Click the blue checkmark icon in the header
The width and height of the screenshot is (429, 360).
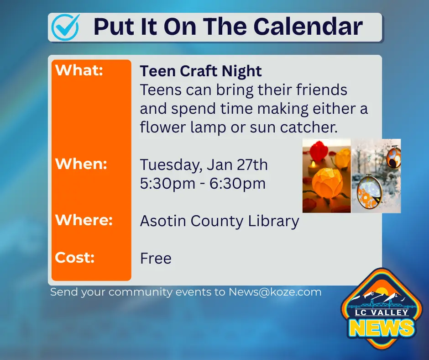[x=66, y=27]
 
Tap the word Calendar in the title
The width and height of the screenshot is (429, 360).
[x=308, y=26]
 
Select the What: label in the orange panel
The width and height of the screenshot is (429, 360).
[x=79, y=70]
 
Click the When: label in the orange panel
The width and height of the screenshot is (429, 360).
[x=81, y=164]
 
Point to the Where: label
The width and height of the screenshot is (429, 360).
[x=84, y=220]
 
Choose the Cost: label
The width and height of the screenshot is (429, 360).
[x=75, y=257]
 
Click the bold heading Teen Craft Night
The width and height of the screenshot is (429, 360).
[x=201, y=71]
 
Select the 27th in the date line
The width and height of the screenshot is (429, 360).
[x=252, y=164]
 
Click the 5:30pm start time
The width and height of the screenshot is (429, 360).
[x=167, y=184]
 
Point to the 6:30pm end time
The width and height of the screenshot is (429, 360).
[x=237, y=184]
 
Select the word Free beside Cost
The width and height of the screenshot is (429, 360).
[x=156, y=259]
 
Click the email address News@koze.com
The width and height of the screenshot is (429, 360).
[x=275, y=292]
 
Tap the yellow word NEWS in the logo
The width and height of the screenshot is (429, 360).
[x=382, y=328]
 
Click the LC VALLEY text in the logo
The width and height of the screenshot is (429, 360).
[x=382, y=312]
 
